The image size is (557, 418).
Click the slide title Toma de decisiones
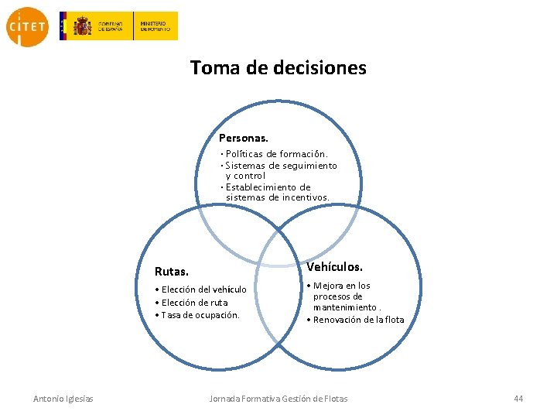[x=278, y=68]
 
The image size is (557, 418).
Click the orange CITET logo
[x=27, y=26]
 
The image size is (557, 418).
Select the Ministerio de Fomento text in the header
[x=155, y=26]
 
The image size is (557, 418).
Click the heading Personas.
[x=244, y=138]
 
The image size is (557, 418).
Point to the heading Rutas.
[x=172, y=272]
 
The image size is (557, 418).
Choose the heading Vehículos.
[x=334, y=266]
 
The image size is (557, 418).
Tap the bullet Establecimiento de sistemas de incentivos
[x=276, y=192]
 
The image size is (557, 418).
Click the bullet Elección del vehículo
[x=201, y=290]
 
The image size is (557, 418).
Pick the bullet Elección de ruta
[x=192, y=303]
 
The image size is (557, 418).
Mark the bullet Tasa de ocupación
[x=198, y=315]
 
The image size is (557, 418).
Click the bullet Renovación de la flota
[x=356, y=320]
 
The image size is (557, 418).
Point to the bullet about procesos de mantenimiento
[x=340, y=296]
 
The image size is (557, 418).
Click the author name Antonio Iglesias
[x=63, y=399]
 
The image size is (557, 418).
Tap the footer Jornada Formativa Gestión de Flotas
[x=278, y=399]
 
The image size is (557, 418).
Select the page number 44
[x=518, y=399]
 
